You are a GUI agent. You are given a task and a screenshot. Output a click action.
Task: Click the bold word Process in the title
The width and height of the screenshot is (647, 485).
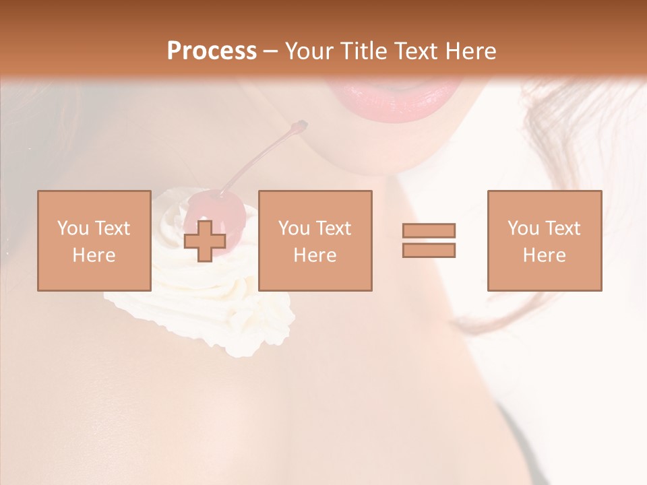[x=212, y=51]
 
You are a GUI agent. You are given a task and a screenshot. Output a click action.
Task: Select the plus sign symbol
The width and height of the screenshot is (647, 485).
[x=205, y=241]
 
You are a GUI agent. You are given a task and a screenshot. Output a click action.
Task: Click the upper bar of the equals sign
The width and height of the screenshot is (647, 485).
[x=429, y=230]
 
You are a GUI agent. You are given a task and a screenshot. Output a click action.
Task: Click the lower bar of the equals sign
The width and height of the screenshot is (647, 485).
[x=429, y=250]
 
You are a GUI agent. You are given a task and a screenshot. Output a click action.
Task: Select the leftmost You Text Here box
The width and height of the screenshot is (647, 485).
[x=94, y=240]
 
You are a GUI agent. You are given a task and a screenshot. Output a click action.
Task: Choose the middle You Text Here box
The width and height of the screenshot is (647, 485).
[x=315, y=240]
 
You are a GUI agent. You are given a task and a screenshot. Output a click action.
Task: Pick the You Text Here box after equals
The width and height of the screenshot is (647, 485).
[x=544, y=240]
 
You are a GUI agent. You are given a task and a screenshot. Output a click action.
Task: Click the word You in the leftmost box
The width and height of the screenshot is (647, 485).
[x=73, y=228]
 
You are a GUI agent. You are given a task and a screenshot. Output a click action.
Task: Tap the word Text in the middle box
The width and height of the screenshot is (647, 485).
[x=333, y=228]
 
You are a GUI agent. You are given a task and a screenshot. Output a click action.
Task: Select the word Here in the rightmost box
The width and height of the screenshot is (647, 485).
[x=544, y=255]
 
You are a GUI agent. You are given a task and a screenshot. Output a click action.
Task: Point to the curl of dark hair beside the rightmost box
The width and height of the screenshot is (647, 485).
[x=485, y=317]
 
